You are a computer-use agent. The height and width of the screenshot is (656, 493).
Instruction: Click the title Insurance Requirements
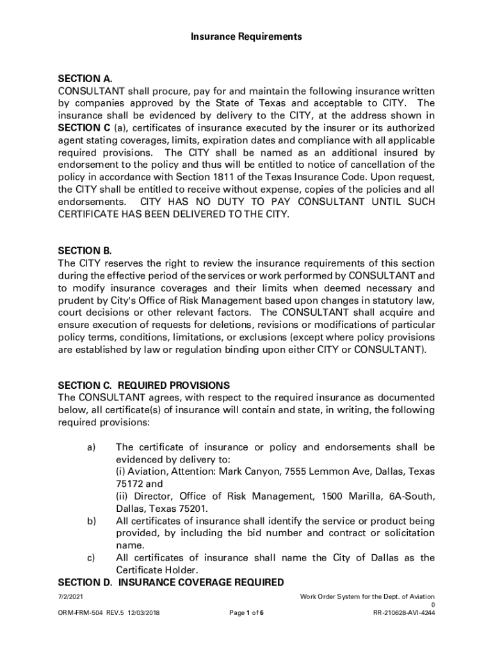pyautogui.click(x=246, y=37)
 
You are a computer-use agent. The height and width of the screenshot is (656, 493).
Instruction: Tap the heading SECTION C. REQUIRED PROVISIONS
pyautogui.click(x=143, y=386)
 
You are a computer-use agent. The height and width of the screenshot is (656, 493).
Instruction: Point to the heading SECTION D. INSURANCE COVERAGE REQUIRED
pyautogui.click(x=171, y=582)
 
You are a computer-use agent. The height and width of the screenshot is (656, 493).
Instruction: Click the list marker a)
pyautogui.click(x=91, y=447)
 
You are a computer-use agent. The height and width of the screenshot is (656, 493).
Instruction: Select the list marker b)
pyautogui.click(x=91, y=521)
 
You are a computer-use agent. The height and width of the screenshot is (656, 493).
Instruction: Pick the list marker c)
pyautogui.click(x=91, y=558)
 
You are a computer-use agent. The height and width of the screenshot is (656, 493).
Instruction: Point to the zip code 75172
pyautogui.click(x=129, y=484)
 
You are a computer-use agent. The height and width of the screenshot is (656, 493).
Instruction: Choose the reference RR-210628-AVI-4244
pyautogui.click(x=404, y=613)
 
